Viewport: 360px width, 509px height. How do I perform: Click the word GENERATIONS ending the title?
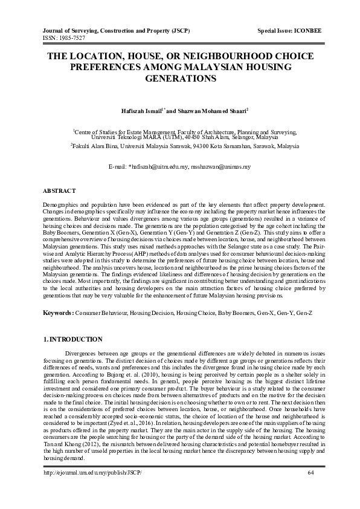(179, 79)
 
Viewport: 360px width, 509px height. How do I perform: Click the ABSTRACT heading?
(60, 190)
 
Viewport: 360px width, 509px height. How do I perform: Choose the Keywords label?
(60, 313)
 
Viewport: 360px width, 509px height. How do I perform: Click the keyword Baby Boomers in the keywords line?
(236, 313)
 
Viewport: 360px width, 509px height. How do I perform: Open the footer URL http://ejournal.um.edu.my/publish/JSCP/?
(93, 488)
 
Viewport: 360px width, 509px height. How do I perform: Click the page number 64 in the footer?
(311, 488)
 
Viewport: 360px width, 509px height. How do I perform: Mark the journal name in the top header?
(115, 30)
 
